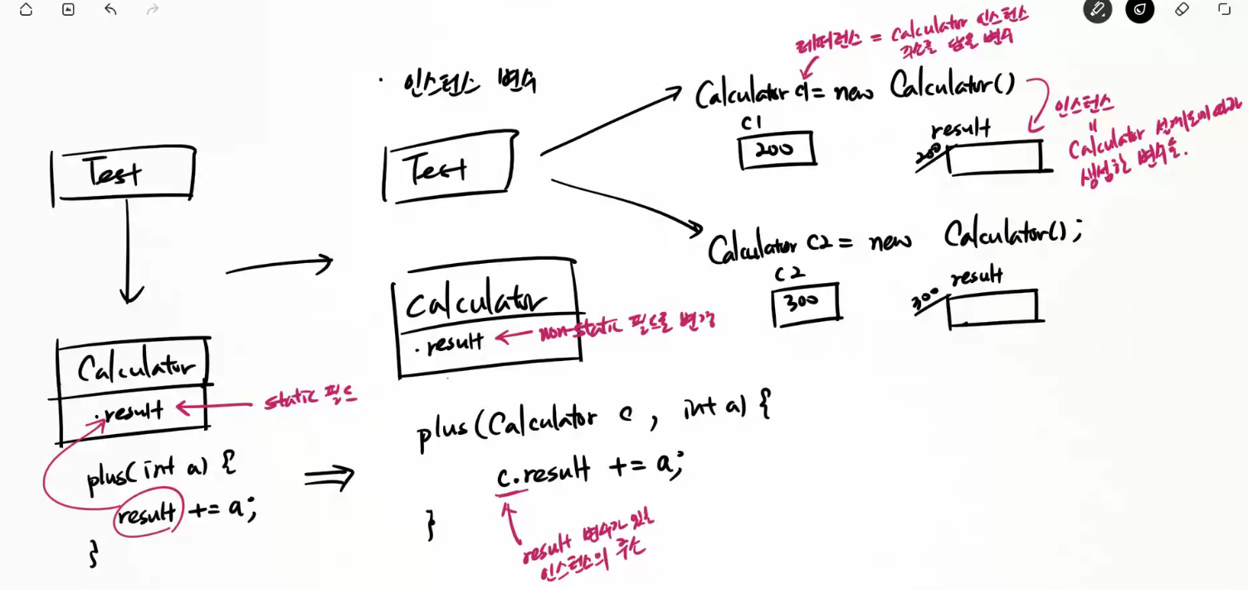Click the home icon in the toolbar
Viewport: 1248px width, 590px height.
(26, 10)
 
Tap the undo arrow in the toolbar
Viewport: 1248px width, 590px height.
(110, 10)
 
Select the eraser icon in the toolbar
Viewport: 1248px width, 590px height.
(1182, 10)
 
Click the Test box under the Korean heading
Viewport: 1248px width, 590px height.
(448, 167)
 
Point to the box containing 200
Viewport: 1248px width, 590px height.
(776, 150)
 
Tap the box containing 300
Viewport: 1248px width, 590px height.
(805, 302)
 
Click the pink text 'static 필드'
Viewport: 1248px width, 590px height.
(310, 400)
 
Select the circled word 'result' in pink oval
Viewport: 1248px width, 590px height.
(147, 514)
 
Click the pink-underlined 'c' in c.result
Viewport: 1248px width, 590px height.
(503, 476)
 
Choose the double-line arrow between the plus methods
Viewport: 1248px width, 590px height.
(329, 476)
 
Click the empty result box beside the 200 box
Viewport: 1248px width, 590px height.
(994, 158)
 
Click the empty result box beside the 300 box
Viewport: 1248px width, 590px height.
(992, 306)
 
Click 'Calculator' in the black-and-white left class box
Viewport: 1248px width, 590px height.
(136, 367)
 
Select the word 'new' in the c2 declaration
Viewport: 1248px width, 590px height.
(890, 241)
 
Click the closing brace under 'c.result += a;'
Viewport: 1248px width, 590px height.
(430, 525)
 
